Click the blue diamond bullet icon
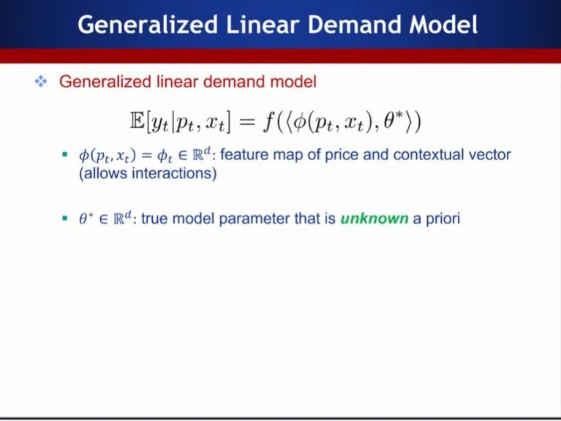(x=41, y=82)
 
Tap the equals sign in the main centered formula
(x=246, y=122)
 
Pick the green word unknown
(x=374, y=218)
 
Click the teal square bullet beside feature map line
(x=65, y=154)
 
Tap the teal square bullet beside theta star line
(x=65, y=218)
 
